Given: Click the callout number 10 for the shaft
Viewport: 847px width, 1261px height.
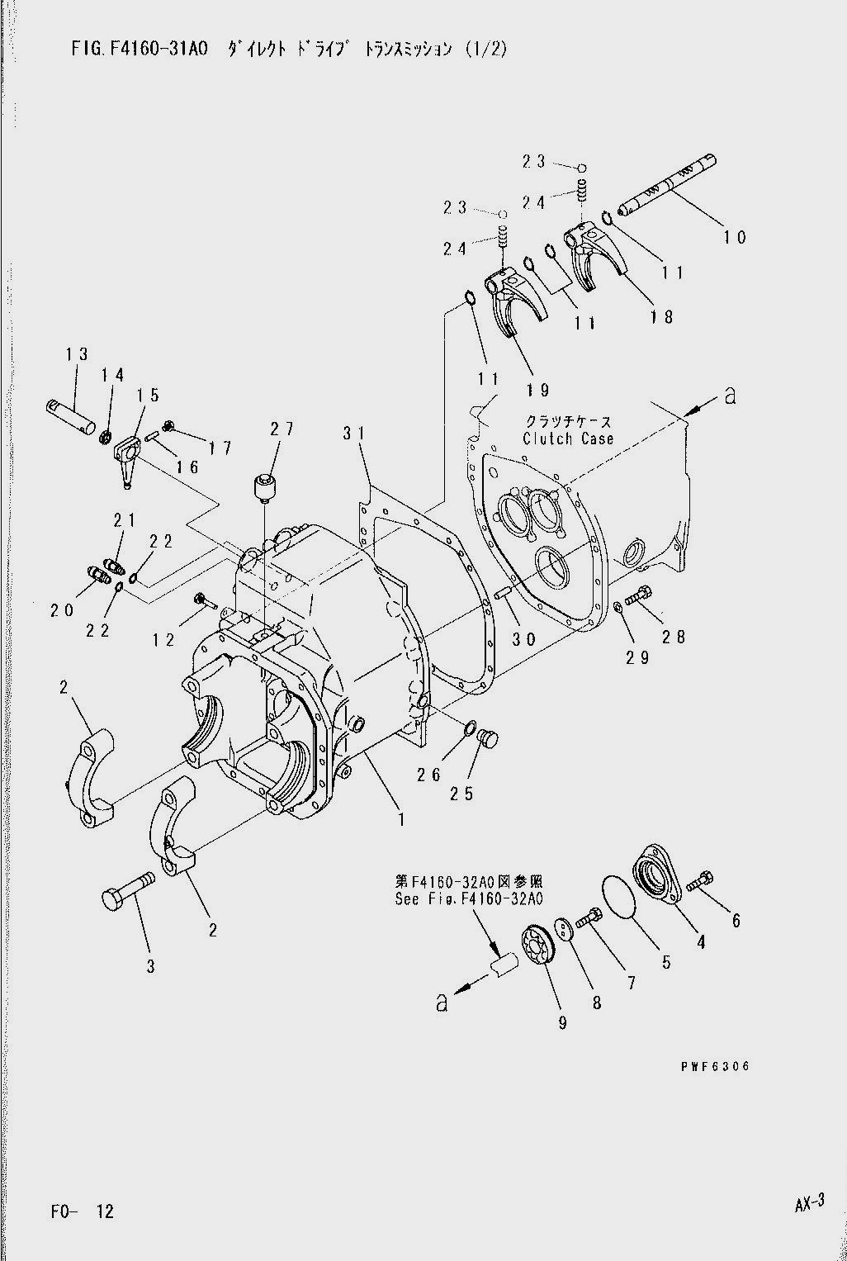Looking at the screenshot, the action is [734, 237].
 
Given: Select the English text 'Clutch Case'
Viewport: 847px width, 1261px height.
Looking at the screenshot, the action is [568, 439].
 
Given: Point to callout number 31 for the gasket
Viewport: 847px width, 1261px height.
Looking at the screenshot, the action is [353, 434].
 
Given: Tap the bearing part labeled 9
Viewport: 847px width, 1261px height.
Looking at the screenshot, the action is [540, 947].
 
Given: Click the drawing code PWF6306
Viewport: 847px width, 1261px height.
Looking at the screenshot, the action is [715, 1067].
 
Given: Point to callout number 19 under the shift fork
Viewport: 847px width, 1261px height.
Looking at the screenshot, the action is [538, 390].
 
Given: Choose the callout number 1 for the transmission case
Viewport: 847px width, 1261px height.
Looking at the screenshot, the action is [401, 820].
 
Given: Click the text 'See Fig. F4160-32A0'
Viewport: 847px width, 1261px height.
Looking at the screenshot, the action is [469, 899].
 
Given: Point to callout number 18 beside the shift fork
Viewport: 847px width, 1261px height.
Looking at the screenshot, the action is [662, 316].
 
